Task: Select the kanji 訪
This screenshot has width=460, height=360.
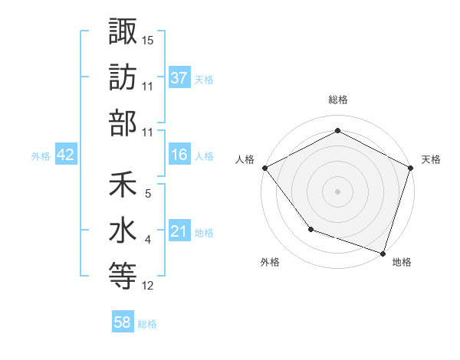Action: coord(123,77)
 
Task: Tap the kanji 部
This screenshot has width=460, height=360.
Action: coord(123,123)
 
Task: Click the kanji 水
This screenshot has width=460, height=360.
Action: coord(123,231)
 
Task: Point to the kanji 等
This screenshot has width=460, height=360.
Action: coord(123,277)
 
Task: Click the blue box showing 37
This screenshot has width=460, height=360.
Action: coord(179,77)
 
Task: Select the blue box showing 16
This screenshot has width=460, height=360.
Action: coord(179,155)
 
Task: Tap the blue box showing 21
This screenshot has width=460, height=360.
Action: coord(179,231)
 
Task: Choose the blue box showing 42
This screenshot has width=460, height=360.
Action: coord(66,155)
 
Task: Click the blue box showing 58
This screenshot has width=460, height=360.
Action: coord(123,322)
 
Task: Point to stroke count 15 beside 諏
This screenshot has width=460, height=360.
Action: coord(148,40)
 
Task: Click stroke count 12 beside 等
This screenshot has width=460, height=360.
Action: coord(148,286)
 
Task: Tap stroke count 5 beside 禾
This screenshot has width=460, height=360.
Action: coord(148,194)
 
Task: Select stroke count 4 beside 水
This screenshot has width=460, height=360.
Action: coord(148,240)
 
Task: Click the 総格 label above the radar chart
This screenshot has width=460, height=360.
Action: coord(337,100)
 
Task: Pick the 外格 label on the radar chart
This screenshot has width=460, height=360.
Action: coord(270,263)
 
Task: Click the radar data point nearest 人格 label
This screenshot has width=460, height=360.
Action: coord(264,167)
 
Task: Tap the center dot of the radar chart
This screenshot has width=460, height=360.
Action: coord(337,191)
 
